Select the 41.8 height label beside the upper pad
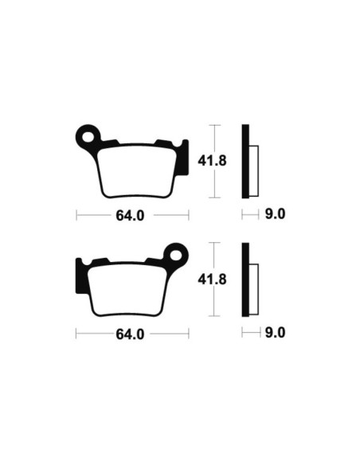[x=208, y=161]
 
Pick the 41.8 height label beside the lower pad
[x=208, y=279]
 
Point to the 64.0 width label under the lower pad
[x=131, y=334]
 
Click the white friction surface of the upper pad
[x=137, y=170]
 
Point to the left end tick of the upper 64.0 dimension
[x=76, y=215]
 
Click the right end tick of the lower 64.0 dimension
[x=188, y=334]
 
